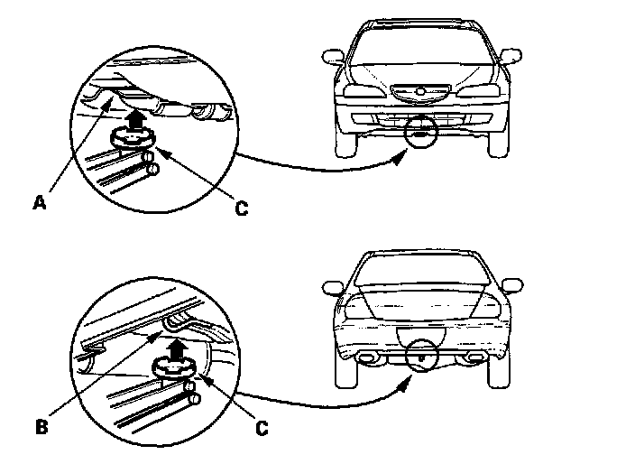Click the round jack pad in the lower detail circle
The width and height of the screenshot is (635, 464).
point(174,367)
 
